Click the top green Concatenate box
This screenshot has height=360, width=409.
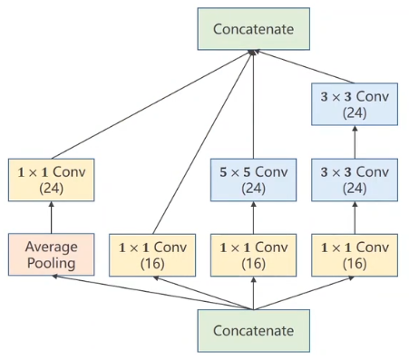pyautogui.click(x=253, y=29)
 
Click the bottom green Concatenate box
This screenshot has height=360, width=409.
pyautogui.click(x=253, y=331)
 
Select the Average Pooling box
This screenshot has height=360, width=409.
pyautogui.click(x=52, y=255)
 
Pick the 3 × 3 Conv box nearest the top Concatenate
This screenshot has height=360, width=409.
pyautogui.click(x=354, y=104)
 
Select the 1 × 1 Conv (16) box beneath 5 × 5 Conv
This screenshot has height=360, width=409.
pyautogui.click(x=253, y=255)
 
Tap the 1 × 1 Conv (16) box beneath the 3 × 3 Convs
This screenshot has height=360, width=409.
pyautogui.click(x=354, y=255)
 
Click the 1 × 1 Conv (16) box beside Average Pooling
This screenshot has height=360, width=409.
pyautogui.click(x=152, y=255)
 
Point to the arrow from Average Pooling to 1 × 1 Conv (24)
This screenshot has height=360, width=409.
pyautogui.click(x=52, y=218)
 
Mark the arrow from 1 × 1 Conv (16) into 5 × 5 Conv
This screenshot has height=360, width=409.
pyautogui.click(x=253, y=218)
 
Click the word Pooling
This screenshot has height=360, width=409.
pyautogui.click(x=52, y=264)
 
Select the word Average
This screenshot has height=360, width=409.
pyautogui.click(x=52, y=246)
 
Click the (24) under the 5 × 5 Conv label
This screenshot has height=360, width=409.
pyautogui.click(x=253, y=189)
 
